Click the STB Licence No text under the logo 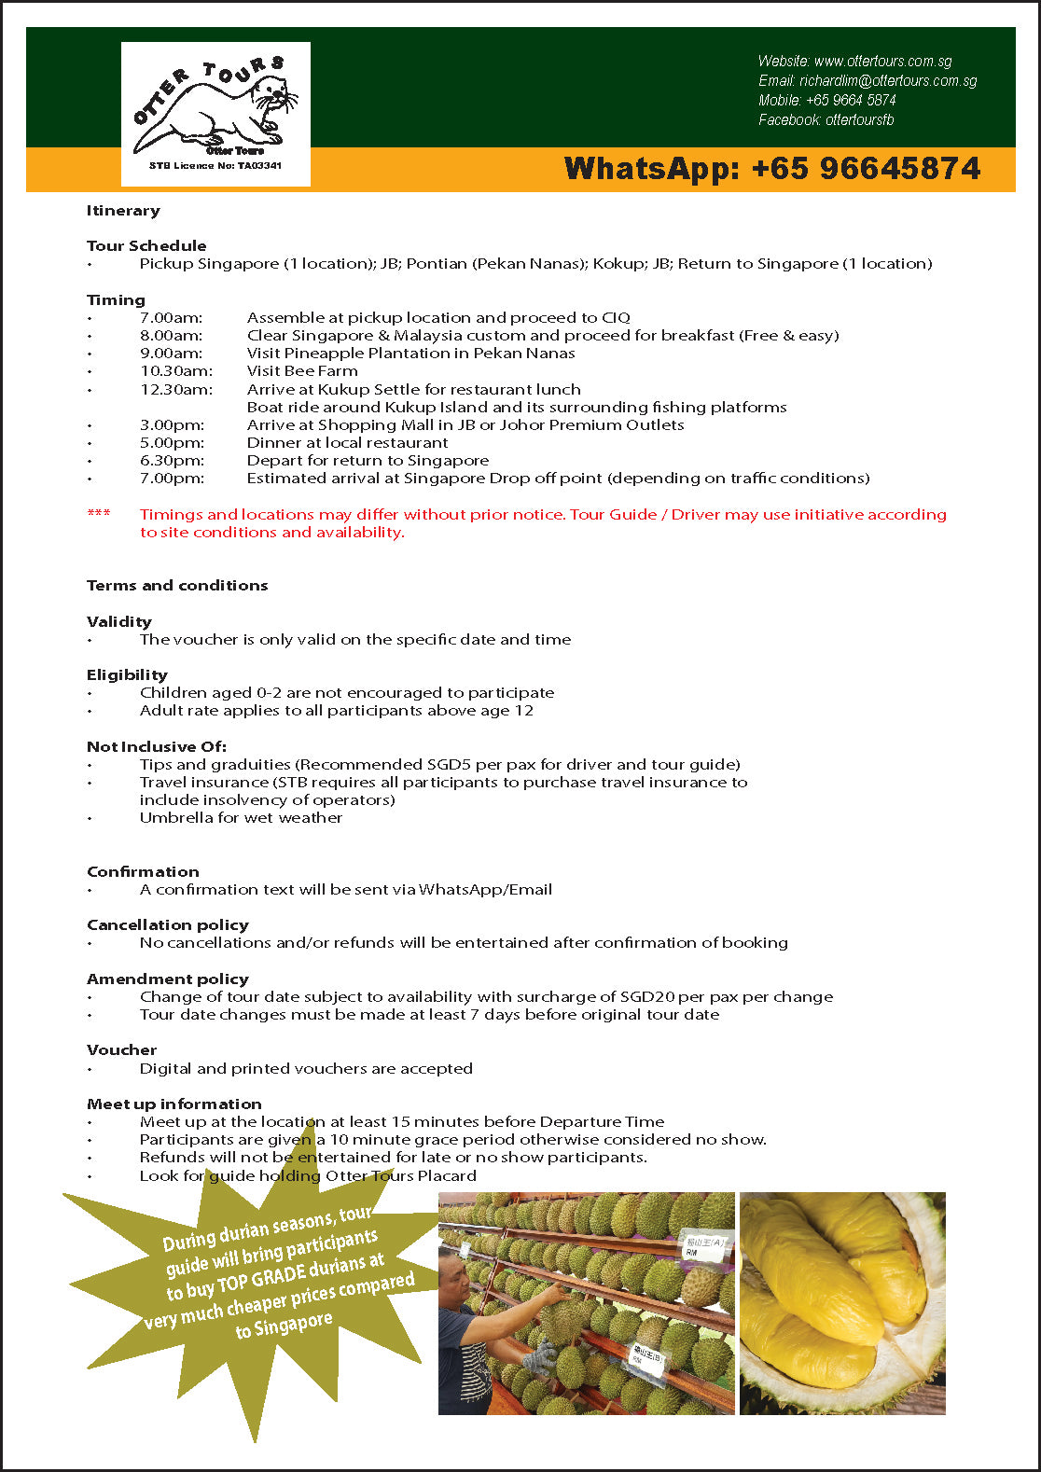coord(215,166)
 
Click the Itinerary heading coord(123,211)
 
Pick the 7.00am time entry coord(171,318)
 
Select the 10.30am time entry coord(176,371)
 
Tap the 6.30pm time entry coord(172,461)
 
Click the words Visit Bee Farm coord(302,371)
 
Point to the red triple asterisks coord(99,514)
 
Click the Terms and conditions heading coord(177,586)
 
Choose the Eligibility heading coord(127,675)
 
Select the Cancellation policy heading coord(168,925)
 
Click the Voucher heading coord(121,1050)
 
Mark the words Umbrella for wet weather coord(241,818)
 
